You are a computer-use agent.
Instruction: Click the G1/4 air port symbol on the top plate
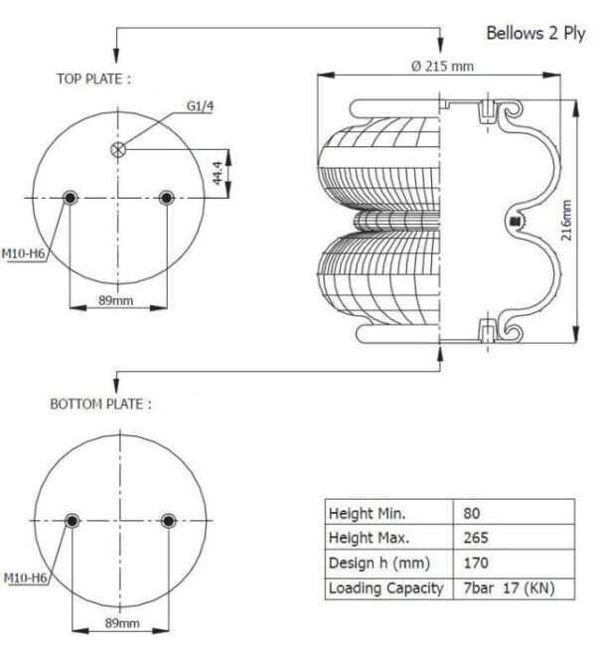click(x=118, y=149)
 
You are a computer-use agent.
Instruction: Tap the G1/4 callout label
click(x=200, y=106)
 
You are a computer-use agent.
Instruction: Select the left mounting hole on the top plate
click(x=70, y=198)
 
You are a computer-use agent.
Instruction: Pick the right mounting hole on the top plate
click(x=167, y=198)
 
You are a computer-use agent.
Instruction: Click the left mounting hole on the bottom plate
click(x=73, y=521)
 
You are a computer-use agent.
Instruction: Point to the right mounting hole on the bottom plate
click(x=168, y=521)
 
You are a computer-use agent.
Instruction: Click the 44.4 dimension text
click(x=218, y=173)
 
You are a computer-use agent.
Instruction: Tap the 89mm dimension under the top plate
click(x=116, y=300)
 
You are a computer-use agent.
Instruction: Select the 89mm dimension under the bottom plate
click(x=122, y=623)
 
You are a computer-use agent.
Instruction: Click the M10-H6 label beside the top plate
click(x=23, y=253)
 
